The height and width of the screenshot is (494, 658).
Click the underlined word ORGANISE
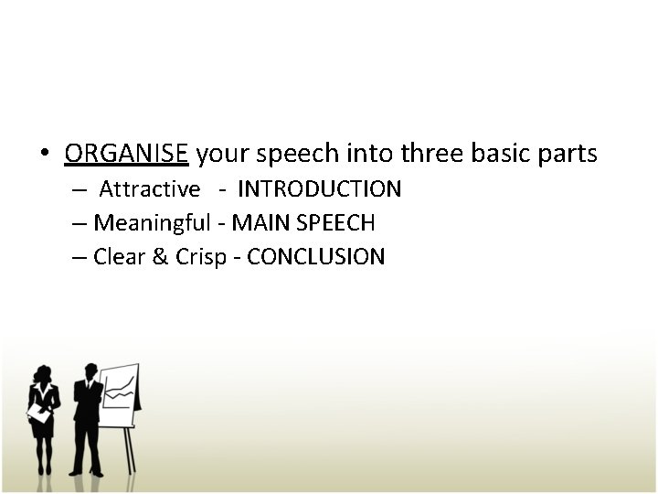pyautogui.click(x=126, y=154)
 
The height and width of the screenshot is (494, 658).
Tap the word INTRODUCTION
pyautogui.click(x=319, y=189)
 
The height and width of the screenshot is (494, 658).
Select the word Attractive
pyautogui.click(x=149, y=189)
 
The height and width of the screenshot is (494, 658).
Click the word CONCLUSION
pyautogui.click(x=316, y=257)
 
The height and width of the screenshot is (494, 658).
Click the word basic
pyautogui.click(x=500, y=154)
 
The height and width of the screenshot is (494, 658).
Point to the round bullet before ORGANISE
pyautogui.click(x=45, y=155)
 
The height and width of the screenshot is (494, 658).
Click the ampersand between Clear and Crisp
pyautogui.click(x=160, y=257)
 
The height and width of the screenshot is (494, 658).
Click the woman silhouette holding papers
pyautogui.click(x=42, y=416)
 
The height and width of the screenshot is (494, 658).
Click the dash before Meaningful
pyautogui.click(x=80, y=223)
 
